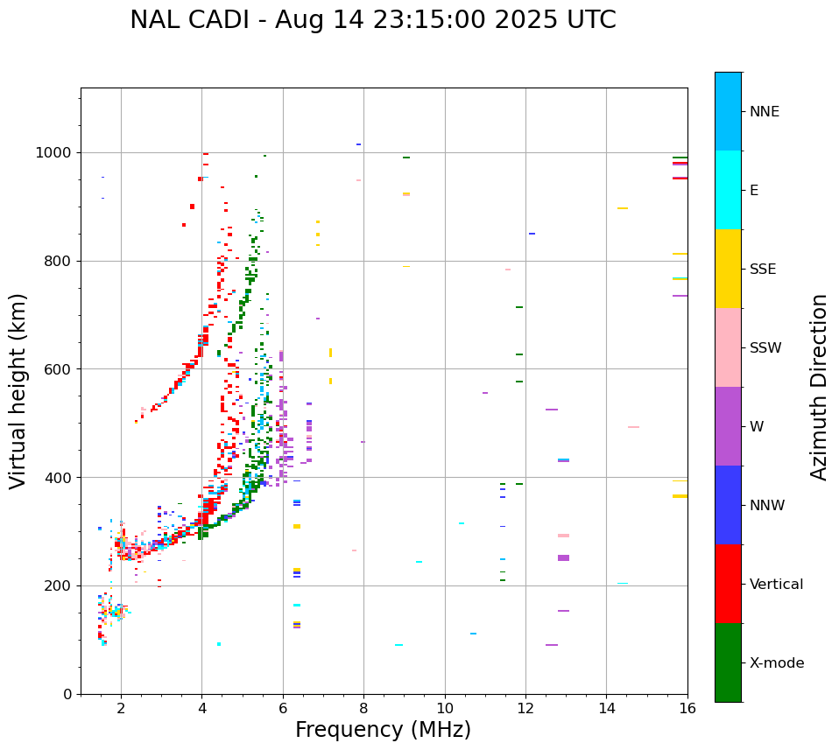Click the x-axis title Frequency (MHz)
[x=383, y=730]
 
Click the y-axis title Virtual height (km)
[x=18, y=390]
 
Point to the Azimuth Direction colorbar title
[x=819, y=386]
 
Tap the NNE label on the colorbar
[x=764, y=112]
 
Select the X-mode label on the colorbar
[x=777, y=663]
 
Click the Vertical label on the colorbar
[x=776, y=585]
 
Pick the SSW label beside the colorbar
[x=765, y=348]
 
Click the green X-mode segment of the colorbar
[x=728, y=662]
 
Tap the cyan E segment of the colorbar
[x=728, y=190]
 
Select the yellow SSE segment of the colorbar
[x=728, y=269]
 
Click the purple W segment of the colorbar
[x=728, y=426]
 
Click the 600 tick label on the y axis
[x=60, y=369]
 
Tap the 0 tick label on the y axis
[x=67, y=694]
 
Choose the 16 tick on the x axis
[x=687, y=707]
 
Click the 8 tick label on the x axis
[x=363, y=707]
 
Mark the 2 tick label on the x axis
[x=121, y=707]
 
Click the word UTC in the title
[x=591, y=20]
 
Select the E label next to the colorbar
[x=754, y=191]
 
